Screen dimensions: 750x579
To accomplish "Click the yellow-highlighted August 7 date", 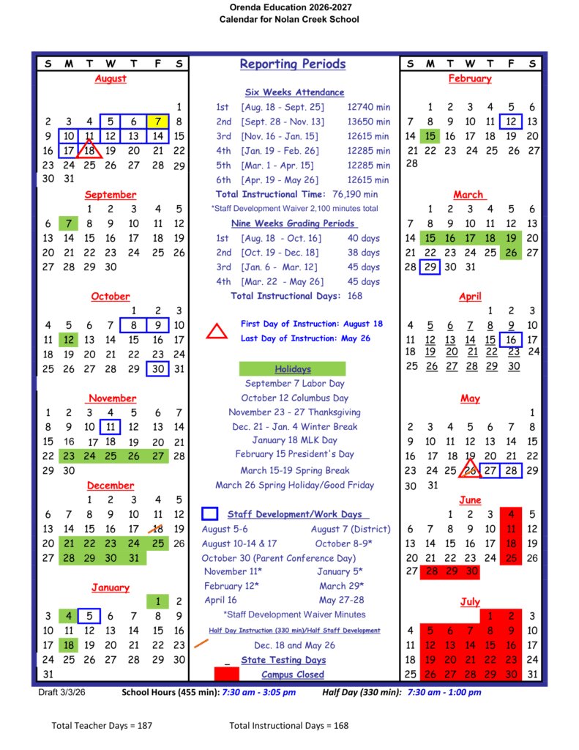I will (x=157, y=122).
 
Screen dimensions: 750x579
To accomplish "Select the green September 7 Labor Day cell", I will (x=68, y=223).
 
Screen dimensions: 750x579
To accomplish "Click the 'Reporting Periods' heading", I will (x=293, y=64).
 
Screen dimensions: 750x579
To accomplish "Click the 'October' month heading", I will (x=111, y=297).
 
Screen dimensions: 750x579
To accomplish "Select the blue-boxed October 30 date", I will (x=157, y=369).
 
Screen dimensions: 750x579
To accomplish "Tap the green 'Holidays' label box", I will (x=293, y=369).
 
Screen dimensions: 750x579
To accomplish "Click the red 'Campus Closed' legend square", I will (x=227, y=674).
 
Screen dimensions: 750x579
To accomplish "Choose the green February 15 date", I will (x=430, y=135).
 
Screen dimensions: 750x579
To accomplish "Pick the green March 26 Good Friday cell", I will (x=511, y=253).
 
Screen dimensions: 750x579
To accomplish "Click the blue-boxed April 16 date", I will (x=511, y=339).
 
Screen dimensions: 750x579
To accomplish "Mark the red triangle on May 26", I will (x=470, y=469).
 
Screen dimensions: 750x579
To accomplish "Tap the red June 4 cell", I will (x=511, y=514).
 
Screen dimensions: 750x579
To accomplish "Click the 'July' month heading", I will (x=470, y=601).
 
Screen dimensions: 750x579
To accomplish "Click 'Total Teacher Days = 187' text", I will (x=102, y=725).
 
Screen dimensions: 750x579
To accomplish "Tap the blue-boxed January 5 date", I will (x=89, y=616).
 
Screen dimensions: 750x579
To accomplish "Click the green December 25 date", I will (x=157, y=543).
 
